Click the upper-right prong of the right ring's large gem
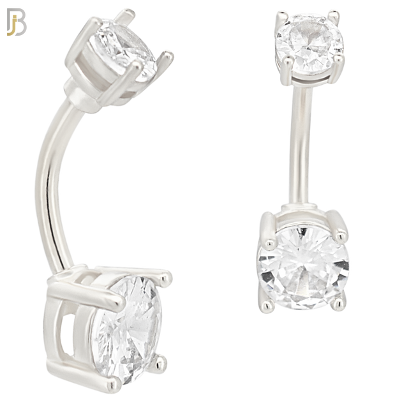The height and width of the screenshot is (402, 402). [x=339, y=218]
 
